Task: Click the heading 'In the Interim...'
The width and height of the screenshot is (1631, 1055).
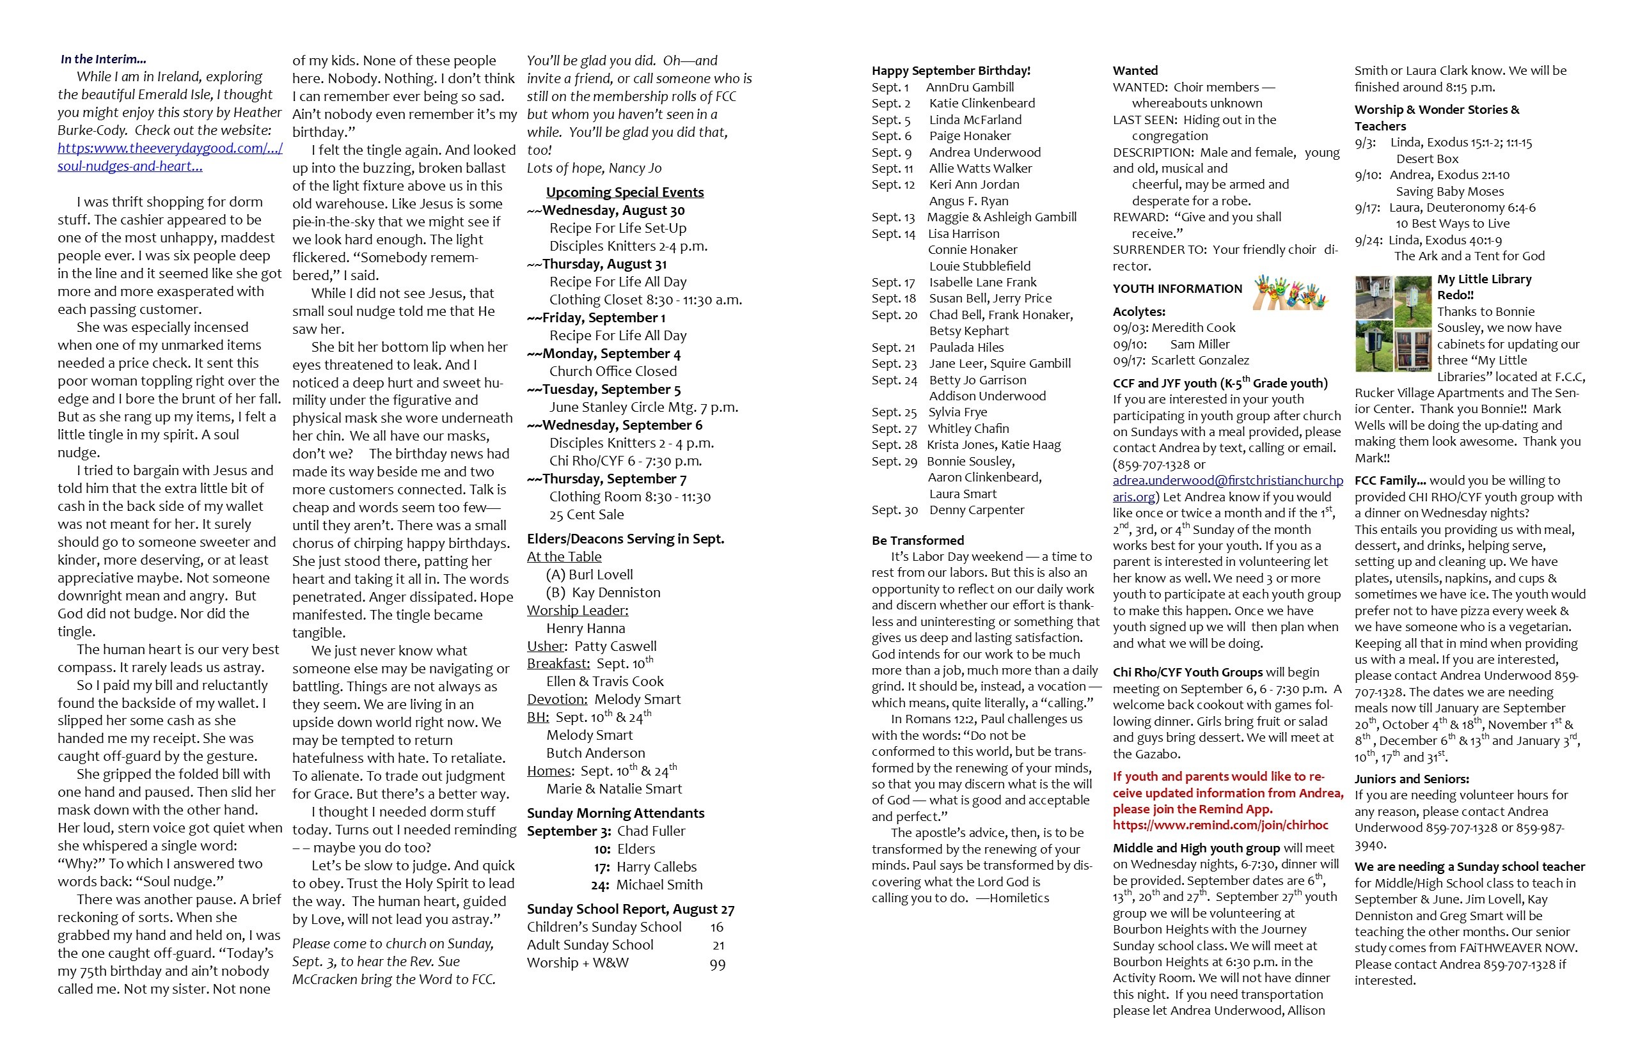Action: click(104, 59)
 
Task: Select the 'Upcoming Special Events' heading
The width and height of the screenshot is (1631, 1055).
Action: click(624, 192)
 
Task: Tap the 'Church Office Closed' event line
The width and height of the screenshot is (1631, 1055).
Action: click(613, 371)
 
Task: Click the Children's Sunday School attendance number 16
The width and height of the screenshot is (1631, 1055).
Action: click(716, 927)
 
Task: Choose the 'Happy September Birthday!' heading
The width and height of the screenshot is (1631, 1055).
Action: click(950, 70)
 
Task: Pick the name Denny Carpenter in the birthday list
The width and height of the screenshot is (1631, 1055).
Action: click(977, 510)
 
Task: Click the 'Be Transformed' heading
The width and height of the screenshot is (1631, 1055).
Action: click(918, 540)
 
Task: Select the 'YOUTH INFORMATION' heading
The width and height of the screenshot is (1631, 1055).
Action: click(1177, 289)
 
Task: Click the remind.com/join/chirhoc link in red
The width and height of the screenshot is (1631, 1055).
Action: click(1220, 825)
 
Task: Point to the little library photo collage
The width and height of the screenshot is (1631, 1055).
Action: click(1392, 324)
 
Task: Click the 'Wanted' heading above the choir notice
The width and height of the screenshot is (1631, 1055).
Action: click(1135, 70)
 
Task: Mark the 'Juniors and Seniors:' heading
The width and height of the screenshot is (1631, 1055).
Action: click(1411, 779)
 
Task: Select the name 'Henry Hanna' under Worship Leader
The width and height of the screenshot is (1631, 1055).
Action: click(585, 628)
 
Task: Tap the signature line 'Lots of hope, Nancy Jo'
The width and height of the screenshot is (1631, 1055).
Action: click(594, 168)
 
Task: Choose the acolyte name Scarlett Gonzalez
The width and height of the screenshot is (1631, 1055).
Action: click(1199, 361)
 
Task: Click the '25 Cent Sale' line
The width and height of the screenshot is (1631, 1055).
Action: click(586, 515)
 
